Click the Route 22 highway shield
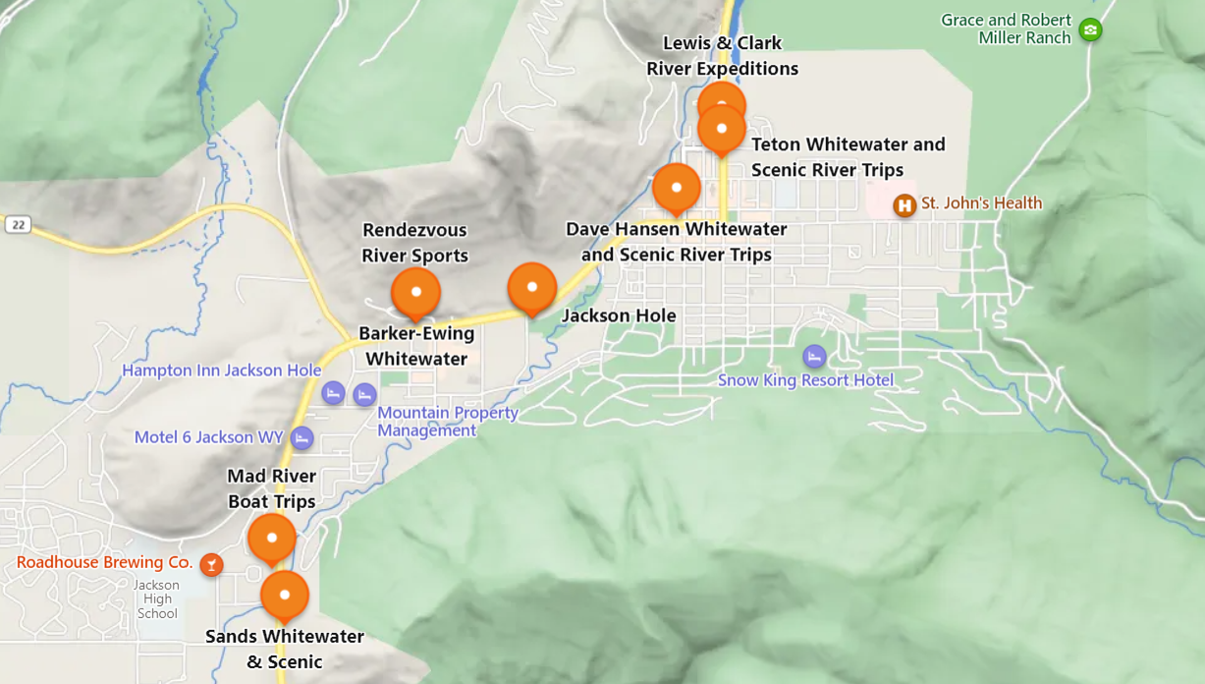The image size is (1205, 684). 17,224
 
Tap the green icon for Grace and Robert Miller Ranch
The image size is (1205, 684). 1090,29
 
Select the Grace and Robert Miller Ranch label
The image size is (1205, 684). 1006,28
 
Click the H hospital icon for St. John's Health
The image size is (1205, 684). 904,205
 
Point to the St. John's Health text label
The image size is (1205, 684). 981,203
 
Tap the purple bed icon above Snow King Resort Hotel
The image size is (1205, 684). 814,357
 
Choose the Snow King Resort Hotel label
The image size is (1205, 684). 805,380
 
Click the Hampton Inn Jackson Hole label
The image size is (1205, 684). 221,370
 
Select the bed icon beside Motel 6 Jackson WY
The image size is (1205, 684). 302,438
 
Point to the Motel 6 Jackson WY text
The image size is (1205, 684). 208,437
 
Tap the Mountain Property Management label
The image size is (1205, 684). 448,422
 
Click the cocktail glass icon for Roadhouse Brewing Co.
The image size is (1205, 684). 211,564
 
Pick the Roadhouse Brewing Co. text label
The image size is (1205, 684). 104,562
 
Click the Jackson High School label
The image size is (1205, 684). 157,599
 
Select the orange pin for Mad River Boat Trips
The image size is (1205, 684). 272,538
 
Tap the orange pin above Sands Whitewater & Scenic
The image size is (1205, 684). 285,595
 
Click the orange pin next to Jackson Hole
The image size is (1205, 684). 532,287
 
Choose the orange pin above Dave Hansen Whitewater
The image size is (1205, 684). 677,188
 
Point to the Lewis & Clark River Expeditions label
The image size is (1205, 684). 722,56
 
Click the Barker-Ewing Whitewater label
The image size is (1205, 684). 416,346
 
